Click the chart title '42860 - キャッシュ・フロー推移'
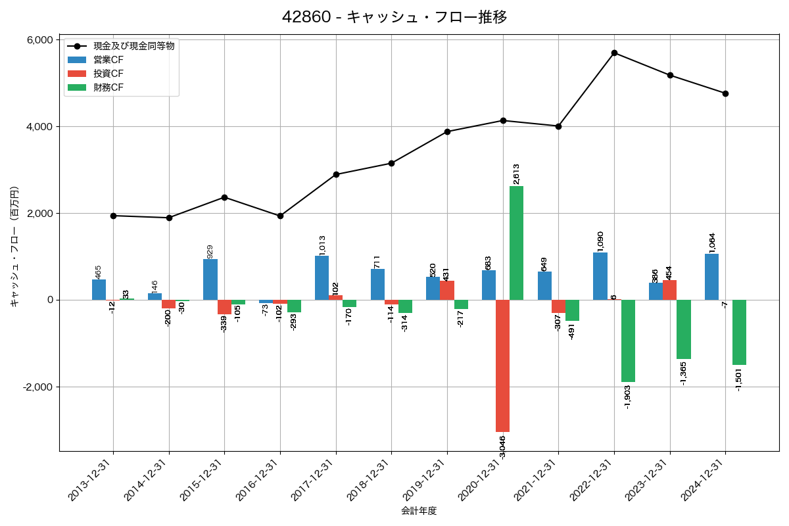394,17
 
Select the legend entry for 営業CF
108,60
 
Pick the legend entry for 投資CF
108,74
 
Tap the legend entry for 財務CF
108,87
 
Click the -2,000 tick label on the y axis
37,387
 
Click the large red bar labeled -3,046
502,366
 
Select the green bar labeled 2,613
516,243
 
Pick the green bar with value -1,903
628,341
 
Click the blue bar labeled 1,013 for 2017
322,278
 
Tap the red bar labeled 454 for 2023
669,290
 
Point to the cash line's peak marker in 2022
614,53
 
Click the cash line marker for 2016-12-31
280,216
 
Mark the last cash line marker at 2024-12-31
725,93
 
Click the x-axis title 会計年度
419,511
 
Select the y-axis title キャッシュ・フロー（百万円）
14,247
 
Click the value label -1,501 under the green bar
739,380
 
